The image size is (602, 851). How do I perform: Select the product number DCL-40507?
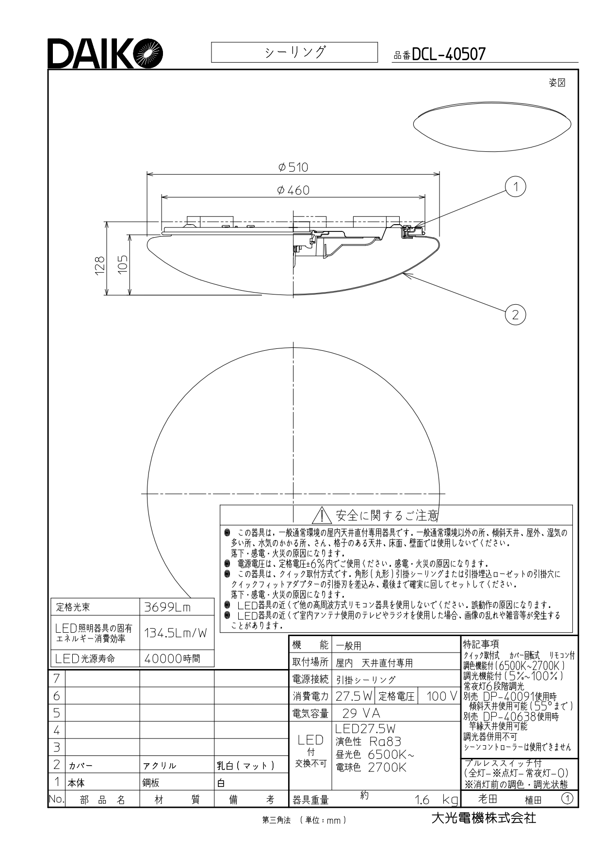coord(448,54)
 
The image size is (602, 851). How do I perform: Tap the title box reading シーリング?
coord(294,52)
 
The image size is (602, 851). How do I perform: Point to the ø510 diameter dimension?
coord(293,167)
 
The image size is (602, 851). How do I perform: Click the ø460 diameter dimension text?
coord(293,191)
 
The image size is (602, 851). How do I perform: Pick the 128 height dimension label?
coord(99,266)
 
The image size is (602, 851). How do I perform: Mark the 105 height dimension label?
coord(122,264)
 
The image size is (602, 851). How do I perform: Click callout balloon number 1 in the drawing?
coord(515,187)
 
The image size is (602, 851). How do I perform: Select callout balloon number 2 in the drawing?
coord(515,315)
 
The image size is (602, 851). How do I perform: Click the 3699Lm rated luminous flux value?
coord(168,607)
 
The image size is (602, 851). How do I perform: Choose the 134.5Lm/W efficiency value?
coord(176,633)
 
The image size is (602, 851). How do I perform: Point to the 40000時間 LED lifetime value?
coord(172,658)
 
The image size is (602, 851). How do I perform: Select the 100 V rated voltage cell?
coord(441,696)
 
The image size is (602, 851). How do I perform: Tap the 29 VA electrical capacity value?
coord(361,713)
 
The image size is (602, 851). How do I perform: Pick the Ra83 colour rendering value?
coord(385,741)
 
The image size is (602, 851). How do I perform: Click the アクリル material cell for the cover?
coord(160,766)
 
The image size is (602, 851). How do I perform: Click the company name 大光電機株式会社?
coord(484,818)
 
